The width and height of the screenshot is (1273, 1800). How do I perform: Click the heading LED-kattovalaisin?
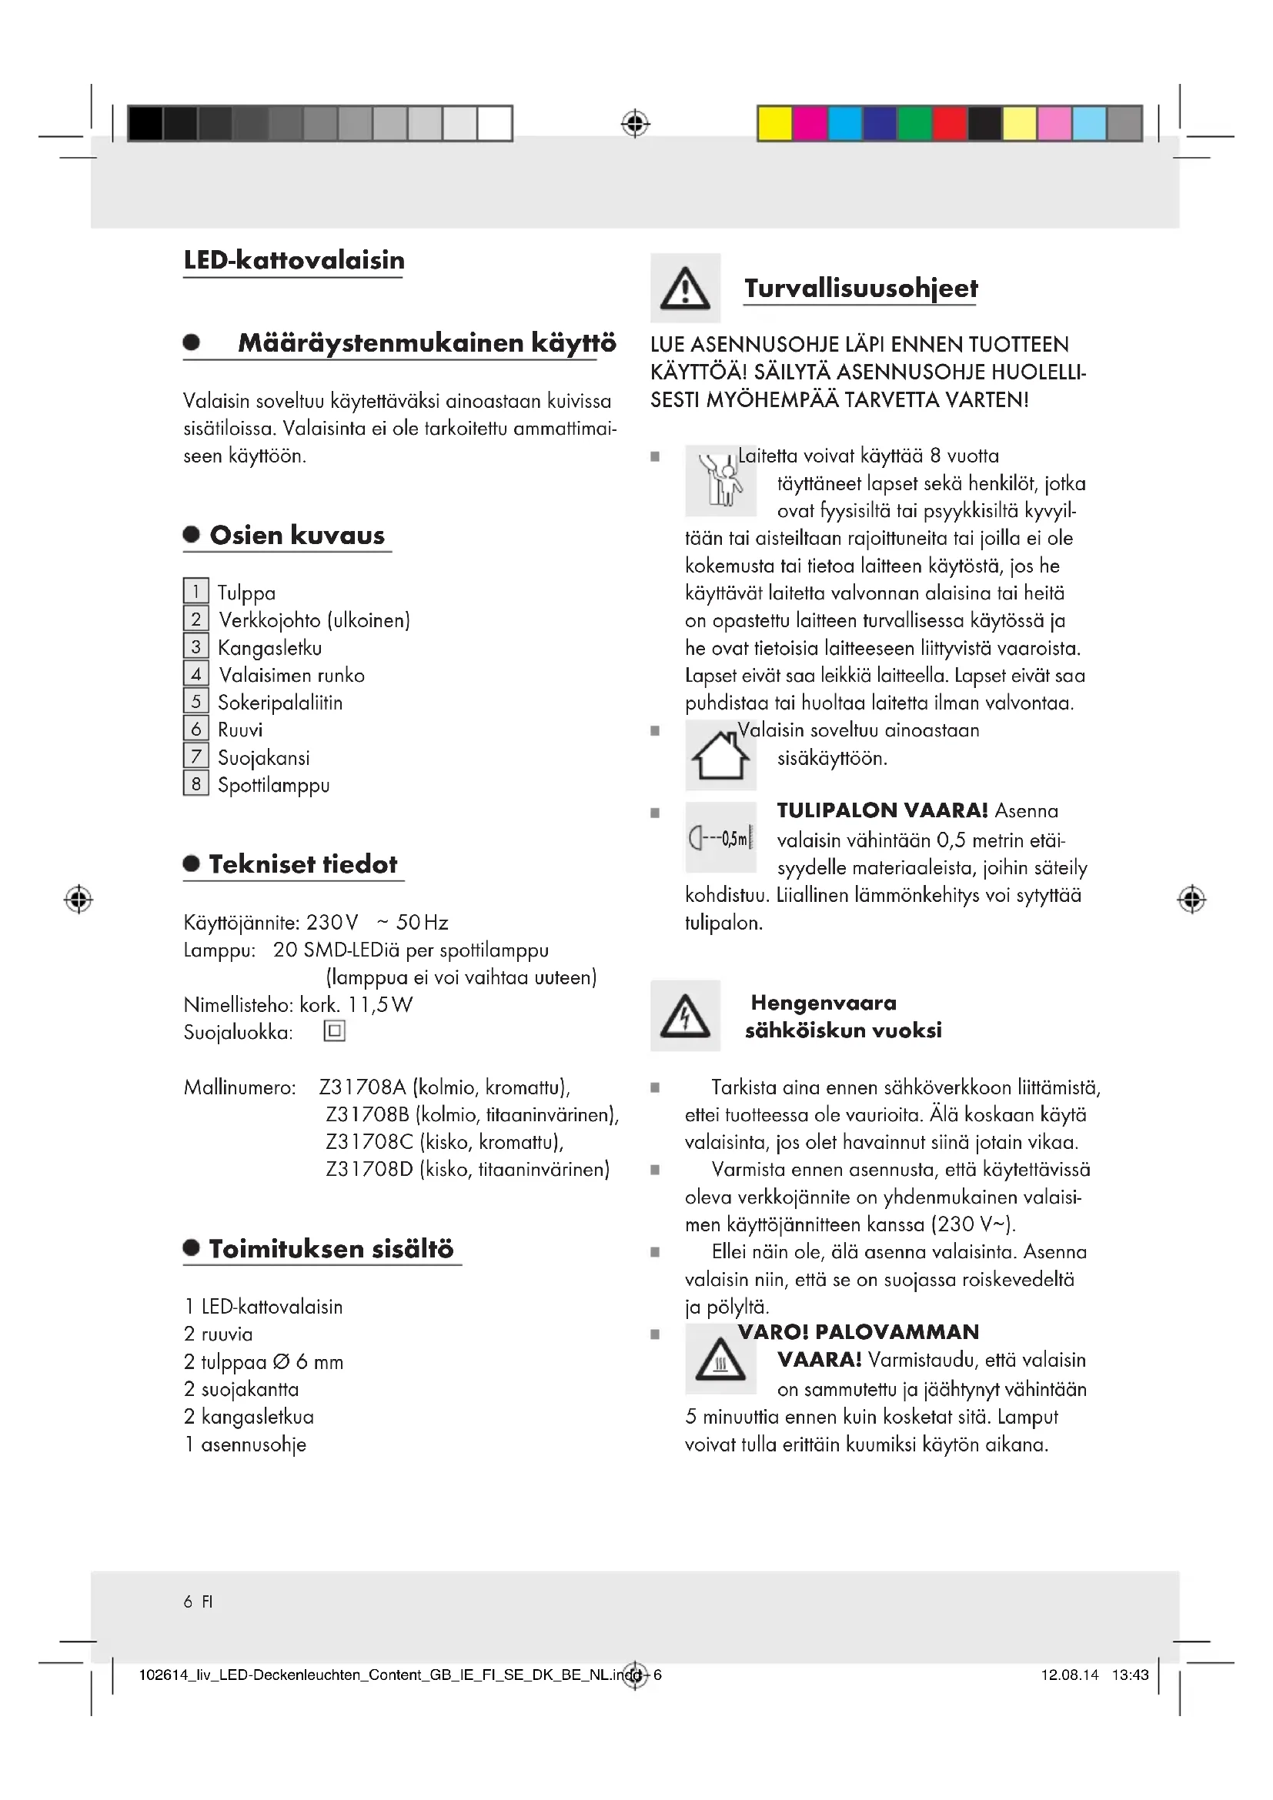(x=294, y=260)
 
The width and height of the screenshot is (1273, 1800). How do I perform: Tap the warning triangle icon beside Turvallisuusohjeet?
(x=685, y=289)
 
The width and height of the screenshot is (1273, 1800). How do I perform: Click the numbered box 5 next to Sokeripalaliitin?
(x=196, y=701)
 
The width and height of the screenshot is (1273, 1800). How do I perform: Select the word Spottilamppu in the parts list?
(x=273, y=785)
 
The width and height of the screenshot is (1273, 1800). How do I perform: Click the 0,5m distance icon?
(x=720, y=838)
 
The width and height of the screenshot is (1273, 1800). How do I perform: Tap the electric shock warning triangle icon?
(x=685, y=1015)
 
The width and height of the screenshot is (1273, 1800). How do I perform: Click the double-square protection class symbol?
(x=335, y=1031)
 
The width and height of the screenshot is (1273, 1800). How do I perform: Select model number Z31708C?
(x=369, y=1141)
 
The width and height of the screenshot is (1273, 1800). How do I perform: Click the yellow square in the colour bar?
(x=774, y=124)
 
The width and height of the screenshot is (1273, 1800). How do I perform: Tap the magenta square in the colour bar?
(x=810, y=124)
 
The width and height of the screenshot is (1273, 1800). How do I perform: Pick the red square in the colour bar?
(x=949, y=124)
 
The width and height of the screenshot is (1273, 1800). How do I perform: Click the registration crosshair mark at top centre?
(x=635, y=124)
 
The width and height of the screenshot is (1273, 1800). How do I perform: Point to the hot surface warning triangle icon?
(x=720, y=1360)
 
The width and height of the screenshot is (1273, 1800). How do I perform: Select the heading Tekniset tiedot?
(x=302, y=864)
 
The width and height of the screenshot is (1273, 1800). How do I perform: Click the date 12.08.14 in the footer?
(x=1069, y=1675)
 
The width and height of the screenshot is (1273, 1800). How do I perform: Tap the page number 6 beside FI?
(x=188, y=1601)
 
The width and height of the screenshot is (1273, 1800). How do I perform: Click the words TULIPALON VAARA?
(x=882, y=810)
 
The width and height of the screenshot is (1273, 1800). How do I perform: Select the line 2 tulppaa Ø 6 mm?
(x=264, y=1362)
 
